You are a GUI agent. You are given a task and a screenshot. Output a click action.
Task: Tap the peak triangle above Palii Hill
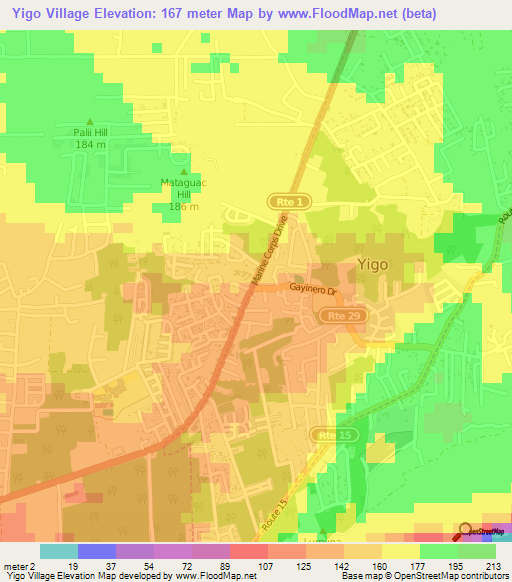click(89, 121)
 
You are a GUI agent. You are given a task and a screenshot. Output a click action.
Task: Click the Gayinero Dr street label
click(316, 289)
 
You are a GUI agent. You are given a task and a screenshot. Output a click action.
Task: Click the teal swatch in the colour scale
click(59, 551)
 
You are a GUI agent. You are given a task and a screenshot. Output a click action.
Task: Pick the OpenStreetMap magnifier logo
click(466, 531)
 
